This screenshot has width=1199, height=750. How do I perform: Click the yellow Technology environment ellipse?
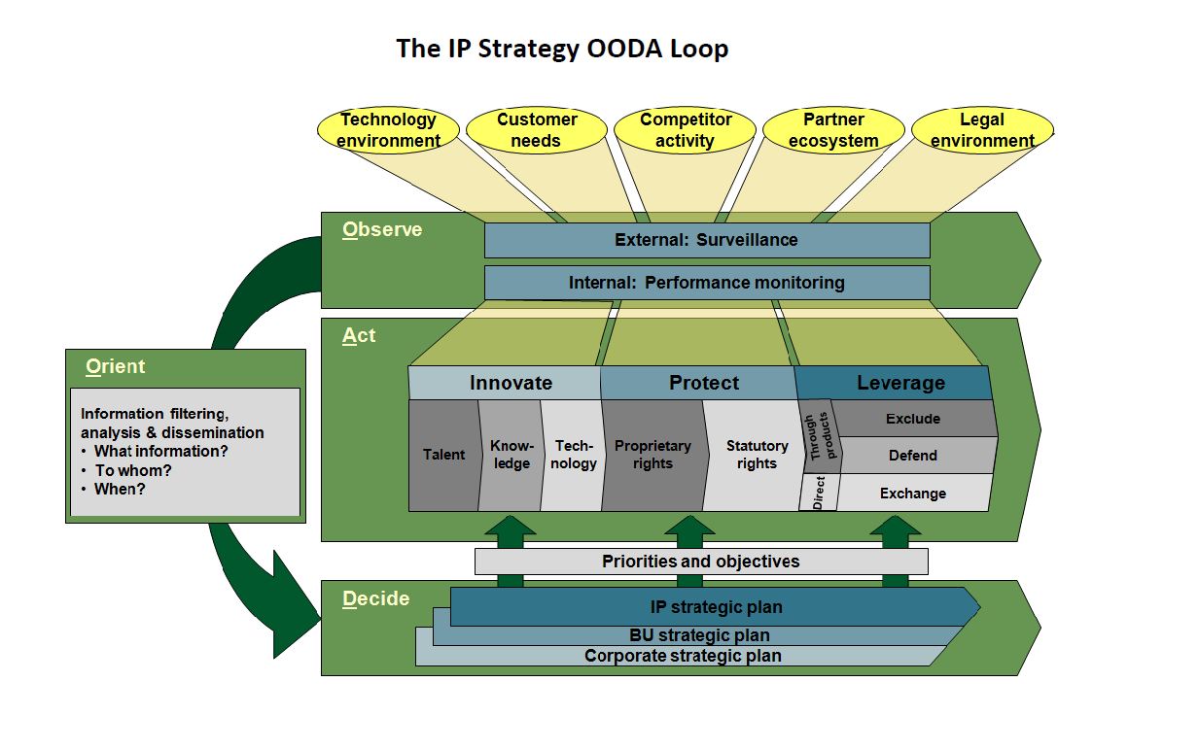(x=388, y=130)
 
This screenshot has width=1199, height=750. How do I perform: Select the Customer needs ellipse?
(x=537, y=130)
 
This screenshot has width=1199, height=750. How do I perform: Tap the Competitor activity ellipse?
(x=686, y=130)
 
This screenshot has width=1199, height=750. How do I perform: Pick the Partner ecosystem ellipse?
(x=833, y=130)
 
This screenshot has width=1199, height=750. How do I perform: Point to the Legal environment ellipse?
(x=982, y=130)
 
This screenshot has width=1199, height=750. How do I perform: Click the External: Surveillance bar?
(x=706, y=240)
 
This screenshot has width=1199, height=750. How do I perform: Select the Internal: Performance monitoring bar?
(x=706, y=283)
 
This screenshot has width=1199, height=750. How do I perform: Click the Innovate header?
(x=510, y=383)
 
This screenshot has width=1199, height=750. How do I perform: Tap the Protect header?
(x=703, y=383)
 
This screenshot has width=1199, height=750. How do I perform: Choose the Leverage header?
(x=899, y=383)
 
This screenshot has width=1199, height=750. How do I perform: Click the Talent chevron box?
(x=443, y=455)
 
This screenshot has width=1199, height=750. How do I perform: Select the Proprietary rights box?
(x=652, y=455)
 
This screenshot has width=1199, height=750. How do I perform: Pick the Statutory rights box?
(x=757, y=455)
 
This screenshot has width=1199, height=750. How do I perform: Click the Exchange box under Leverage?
(x=912, y=494)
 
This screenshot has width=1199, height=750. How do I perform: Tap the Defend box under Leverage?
(x=912, y=455)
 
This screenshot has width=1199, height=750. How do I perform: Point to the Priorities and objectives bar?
(x=700, y=562)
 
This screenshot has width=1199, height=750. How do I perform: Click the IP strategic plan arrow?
(x=716, y=607)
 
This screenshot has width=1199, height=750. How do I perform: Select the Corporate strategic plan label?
(x=683, y=656)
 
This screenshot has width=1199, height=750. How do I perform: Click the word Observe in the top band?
(x=382, y=230)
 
